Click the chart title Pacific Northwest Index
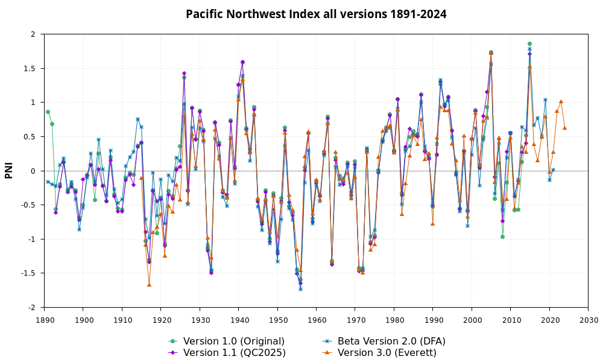(x=316, y=14)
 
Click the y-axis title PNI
(x=9, y=171)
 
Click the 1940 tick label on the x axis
(x=239, y=319)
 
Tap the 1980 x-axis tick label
(x=394, y=319)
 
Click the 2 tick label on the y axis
(x=33, y=34)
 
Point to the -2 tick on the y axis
(x=31, y=308)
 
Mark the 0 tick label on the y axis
(x=33, y=171)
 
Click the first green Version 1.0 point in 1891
(x=48, y=112)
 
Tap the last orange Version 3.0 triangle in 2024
(x=564, y=128)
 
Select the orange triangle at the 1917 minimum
(x=149, y=285)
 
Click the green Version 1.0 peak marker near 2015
(x=529, y=43)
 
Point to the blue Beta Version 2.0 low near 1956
(x=300, y=289)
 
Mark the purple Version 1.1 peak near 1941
(x=242, y=62)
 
